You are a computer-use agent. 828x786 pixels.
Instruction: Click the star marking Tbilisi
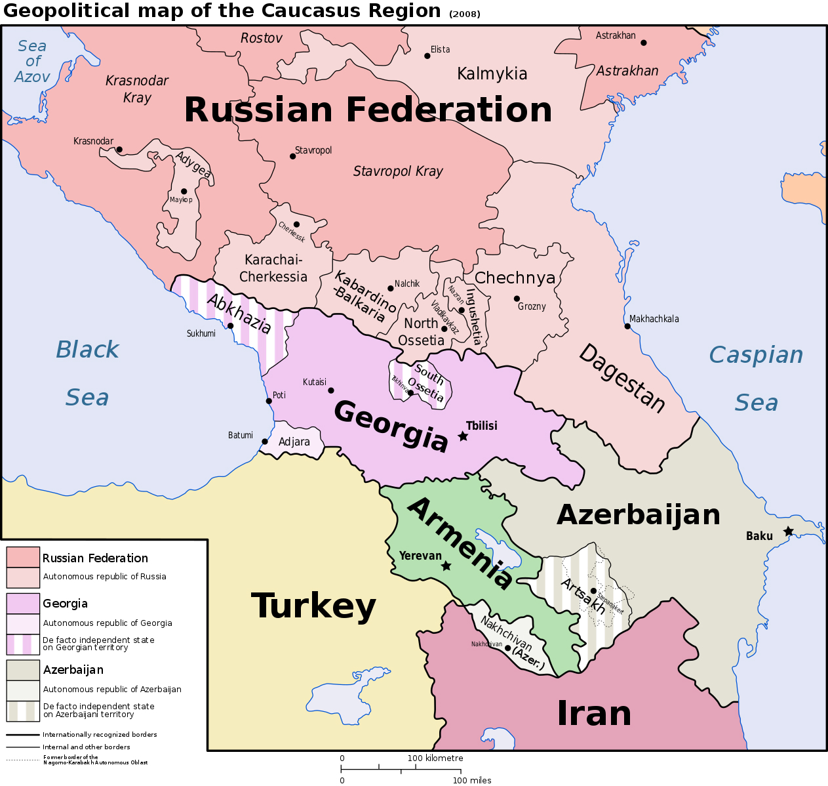click(463, 436)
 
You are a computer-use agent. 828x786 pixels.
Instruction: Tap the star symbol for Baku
click(788, 531)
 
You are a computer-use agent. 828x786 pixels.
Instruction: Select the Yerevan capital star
click(446, 566)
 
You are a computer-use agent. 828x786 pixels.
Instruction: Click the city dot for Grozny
click(517, 299)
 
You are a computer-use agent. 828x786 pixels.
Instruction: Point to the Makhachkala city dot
click(627, 326)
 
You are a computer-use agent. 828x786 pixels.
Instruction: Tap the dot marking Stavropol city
click(292, 156)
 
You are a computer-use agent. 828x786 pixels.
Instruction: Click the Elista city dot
click(427, 56)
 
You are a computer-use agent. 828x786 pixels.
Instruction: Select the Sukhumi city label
click(201, 333)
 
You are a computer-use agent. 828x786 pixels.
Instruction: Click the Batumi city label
click(241, 435)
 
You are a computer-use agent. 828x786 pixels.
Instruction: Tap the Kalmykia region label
click(492, 73)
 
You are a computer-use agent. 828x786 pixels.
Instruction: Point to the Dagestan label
click(621, 378)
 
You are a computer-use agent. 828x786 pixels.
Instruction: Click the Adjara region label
click(294, 442)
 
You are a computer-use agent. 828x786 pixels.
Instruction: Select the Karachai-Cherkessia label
click(273, 268)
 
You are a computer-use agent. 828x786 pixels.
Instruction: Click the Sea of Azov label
click(32, 61)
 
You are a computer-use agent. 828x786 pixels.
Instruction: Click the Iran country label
click(594, 713)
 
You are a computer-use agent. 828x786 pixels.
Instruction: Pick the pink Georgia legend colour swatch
click(23, 603)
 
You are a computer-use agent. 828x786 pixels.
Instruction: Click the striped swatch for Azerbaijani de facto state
click(23, 711)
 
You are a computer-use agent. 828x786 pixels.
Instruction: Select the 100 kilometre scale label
click(435, 758)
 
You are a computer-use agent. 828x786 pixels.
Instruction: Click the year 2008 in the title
click(465, 14)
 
